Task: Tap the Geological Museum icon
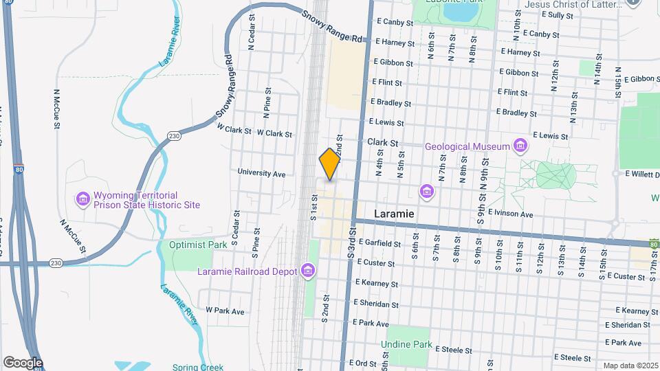pyautogui.click(x=520, y=146)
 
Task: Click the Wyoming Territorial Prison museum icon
pyautogui.click(x=82, y=200)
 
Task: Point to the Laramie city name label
pyautogui.click(x=394, y=214)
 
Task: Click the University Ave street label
pyautogui.click(x=261, y=174)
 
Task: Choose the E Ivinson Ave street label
pyautogui.click(x=510, y=214)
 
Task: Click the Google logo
pyautogui.click(x=23, y=362)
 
